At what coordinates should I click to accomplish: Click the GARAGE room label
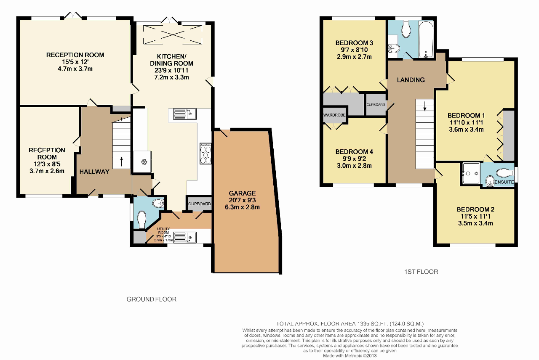(x=242, y=193)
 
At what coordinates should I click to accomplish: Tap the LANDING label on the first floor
(x=411, y=80)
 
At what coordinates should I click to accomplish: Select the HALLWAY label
(x=94, y=172)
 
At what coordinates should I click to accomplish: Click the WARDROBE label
(x=334, y=115)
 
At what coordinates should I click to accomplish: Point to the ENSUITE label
(x=504, y=182)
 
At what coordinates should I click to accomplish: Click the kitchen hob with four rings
(x=205, y=154)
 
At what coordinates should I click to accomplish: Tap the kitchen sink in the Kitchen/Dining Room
(x=184, y=114)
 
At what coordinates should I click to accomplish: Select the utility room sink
(x=184, y=238)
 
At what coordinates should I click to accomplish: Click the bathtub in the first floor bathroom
(x=426, y=40)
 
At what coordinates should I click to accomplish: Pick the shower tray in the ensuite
(x=470, y=173)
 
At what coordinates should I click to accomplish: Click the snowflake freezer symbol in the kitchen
(x=144, y=162)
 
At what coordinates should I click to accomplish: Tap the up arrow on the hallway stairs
(x=121, y=161)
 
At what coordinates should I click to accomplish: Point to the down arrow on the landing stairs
(x=425, y=106)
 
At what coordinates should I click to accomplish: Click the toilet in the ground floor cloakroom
(x=141, y=220)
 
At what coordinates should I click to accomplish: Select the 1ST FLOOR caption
(x=421, y=272)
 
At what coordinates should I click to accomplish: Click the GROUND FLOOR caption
(x=151, y=299)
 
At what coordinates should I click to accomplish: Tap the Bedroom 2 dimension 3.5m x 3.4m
(x=475, y=223)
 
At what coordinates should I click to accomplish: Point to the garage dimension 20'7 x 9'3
(x=242, y=200)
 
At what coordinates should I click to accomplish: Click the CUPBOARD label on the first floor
(x=376, y=105)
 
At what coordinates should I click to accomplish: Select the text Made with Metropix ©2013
(x=350, y=356)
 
